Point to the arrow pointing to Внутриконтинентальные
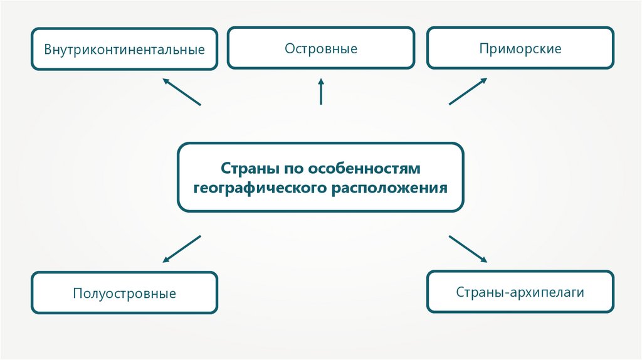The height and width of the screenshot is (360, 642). point(181,92)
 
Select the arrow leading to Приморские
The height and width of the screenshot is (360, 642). point(468,92)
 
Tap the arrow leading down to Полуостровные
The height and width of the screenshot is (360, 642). point(182,248)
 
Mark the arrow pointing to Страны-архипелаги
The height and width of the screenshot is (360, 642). point(468,248)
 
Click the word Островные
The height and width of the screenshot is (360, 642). point(320,48)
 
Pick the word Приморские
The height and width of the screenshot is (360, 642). point(520,48)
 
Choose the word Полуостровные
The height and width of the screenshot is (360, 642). point(124,293)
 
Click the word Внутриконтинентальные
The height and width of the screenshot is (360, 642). point(124,49)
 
